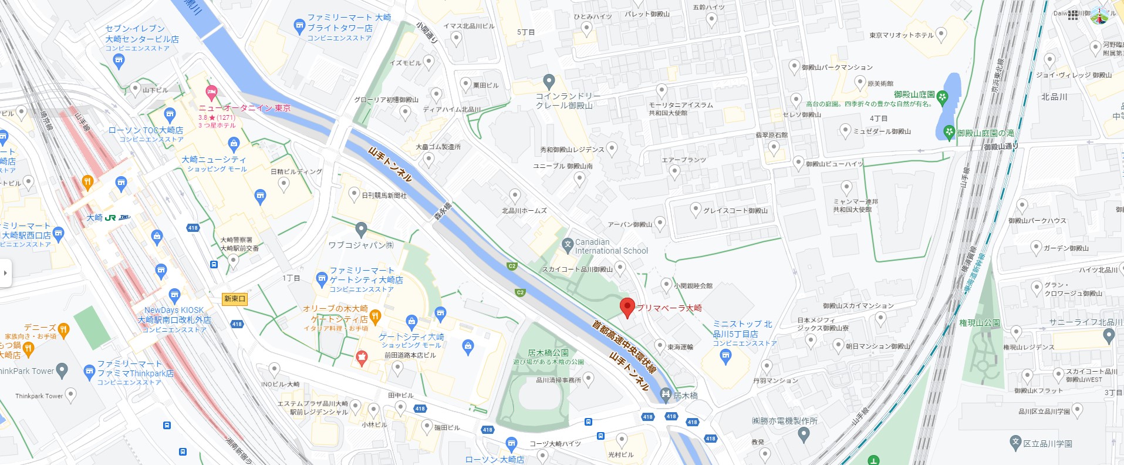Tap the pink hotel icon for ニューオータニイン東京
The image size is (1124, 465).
[x=211, y=92]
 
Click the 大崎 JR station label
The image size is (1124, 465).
[x=94, y=218]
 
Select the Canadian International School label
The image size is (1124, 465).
[x=611, y=247]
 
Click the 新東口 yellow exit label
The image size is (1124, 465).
[x=235, y=299]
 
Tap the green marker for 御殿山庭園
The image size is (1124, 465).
[x=943, y=97]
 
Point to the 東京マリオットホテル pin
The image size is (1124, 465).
[x=941, y=34]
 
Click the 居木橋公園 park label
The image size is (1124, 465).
[x=548, y=353]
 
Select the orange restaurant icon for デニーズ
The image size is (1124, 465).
[x=63, y=329]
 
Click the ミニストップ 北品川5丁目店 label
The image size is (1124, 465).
[x=742, y=329]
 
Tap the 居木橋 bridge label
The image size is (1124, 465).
[x=686, y=396]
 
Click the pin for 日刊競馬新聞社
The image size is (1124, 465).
[x=354, y=194]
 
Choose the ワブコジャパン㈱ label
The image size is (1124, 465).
[x=360, y=245]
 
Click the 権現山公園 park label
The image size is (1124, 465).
[x=980, y=323]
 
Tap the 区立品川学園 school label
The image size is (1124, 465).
[x=1047, y=443]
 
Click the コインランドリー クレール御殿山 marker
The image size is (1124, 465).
[x=549, y=81]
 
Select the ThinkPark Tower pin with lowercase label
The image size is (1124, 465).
[x=70, y=395]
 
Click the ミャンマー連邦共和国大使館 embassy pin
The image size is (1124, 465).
[x=846, y=187]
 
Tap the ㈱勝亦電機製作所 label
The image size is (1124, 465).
[x=784, y=421]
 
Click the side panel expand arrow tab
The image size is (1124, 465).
[x=5, y=273]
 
